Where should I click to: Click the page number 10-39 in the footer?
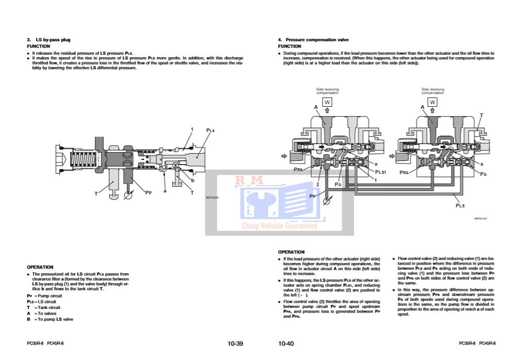235,343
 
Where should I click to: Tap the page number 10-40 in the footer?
286,343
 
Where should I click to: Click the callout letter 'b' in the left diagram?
192,181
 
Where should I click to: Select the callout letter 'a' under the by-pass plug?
165,191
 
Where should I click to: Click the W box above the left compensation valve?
327,102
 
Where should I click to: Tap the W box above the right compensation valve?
432,102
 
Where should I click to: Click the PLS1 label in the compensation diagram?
380,172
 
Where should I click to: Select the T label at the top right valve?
481,116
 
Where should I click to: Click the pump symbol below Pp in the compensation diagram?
326,202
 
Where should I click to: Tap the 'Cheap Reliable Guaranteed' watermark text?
279,225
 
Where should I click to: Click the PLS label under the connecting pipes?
460,205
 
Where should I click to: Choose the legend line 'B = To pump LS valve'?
50,319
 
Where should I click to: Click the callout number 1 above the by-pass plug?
192,129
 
